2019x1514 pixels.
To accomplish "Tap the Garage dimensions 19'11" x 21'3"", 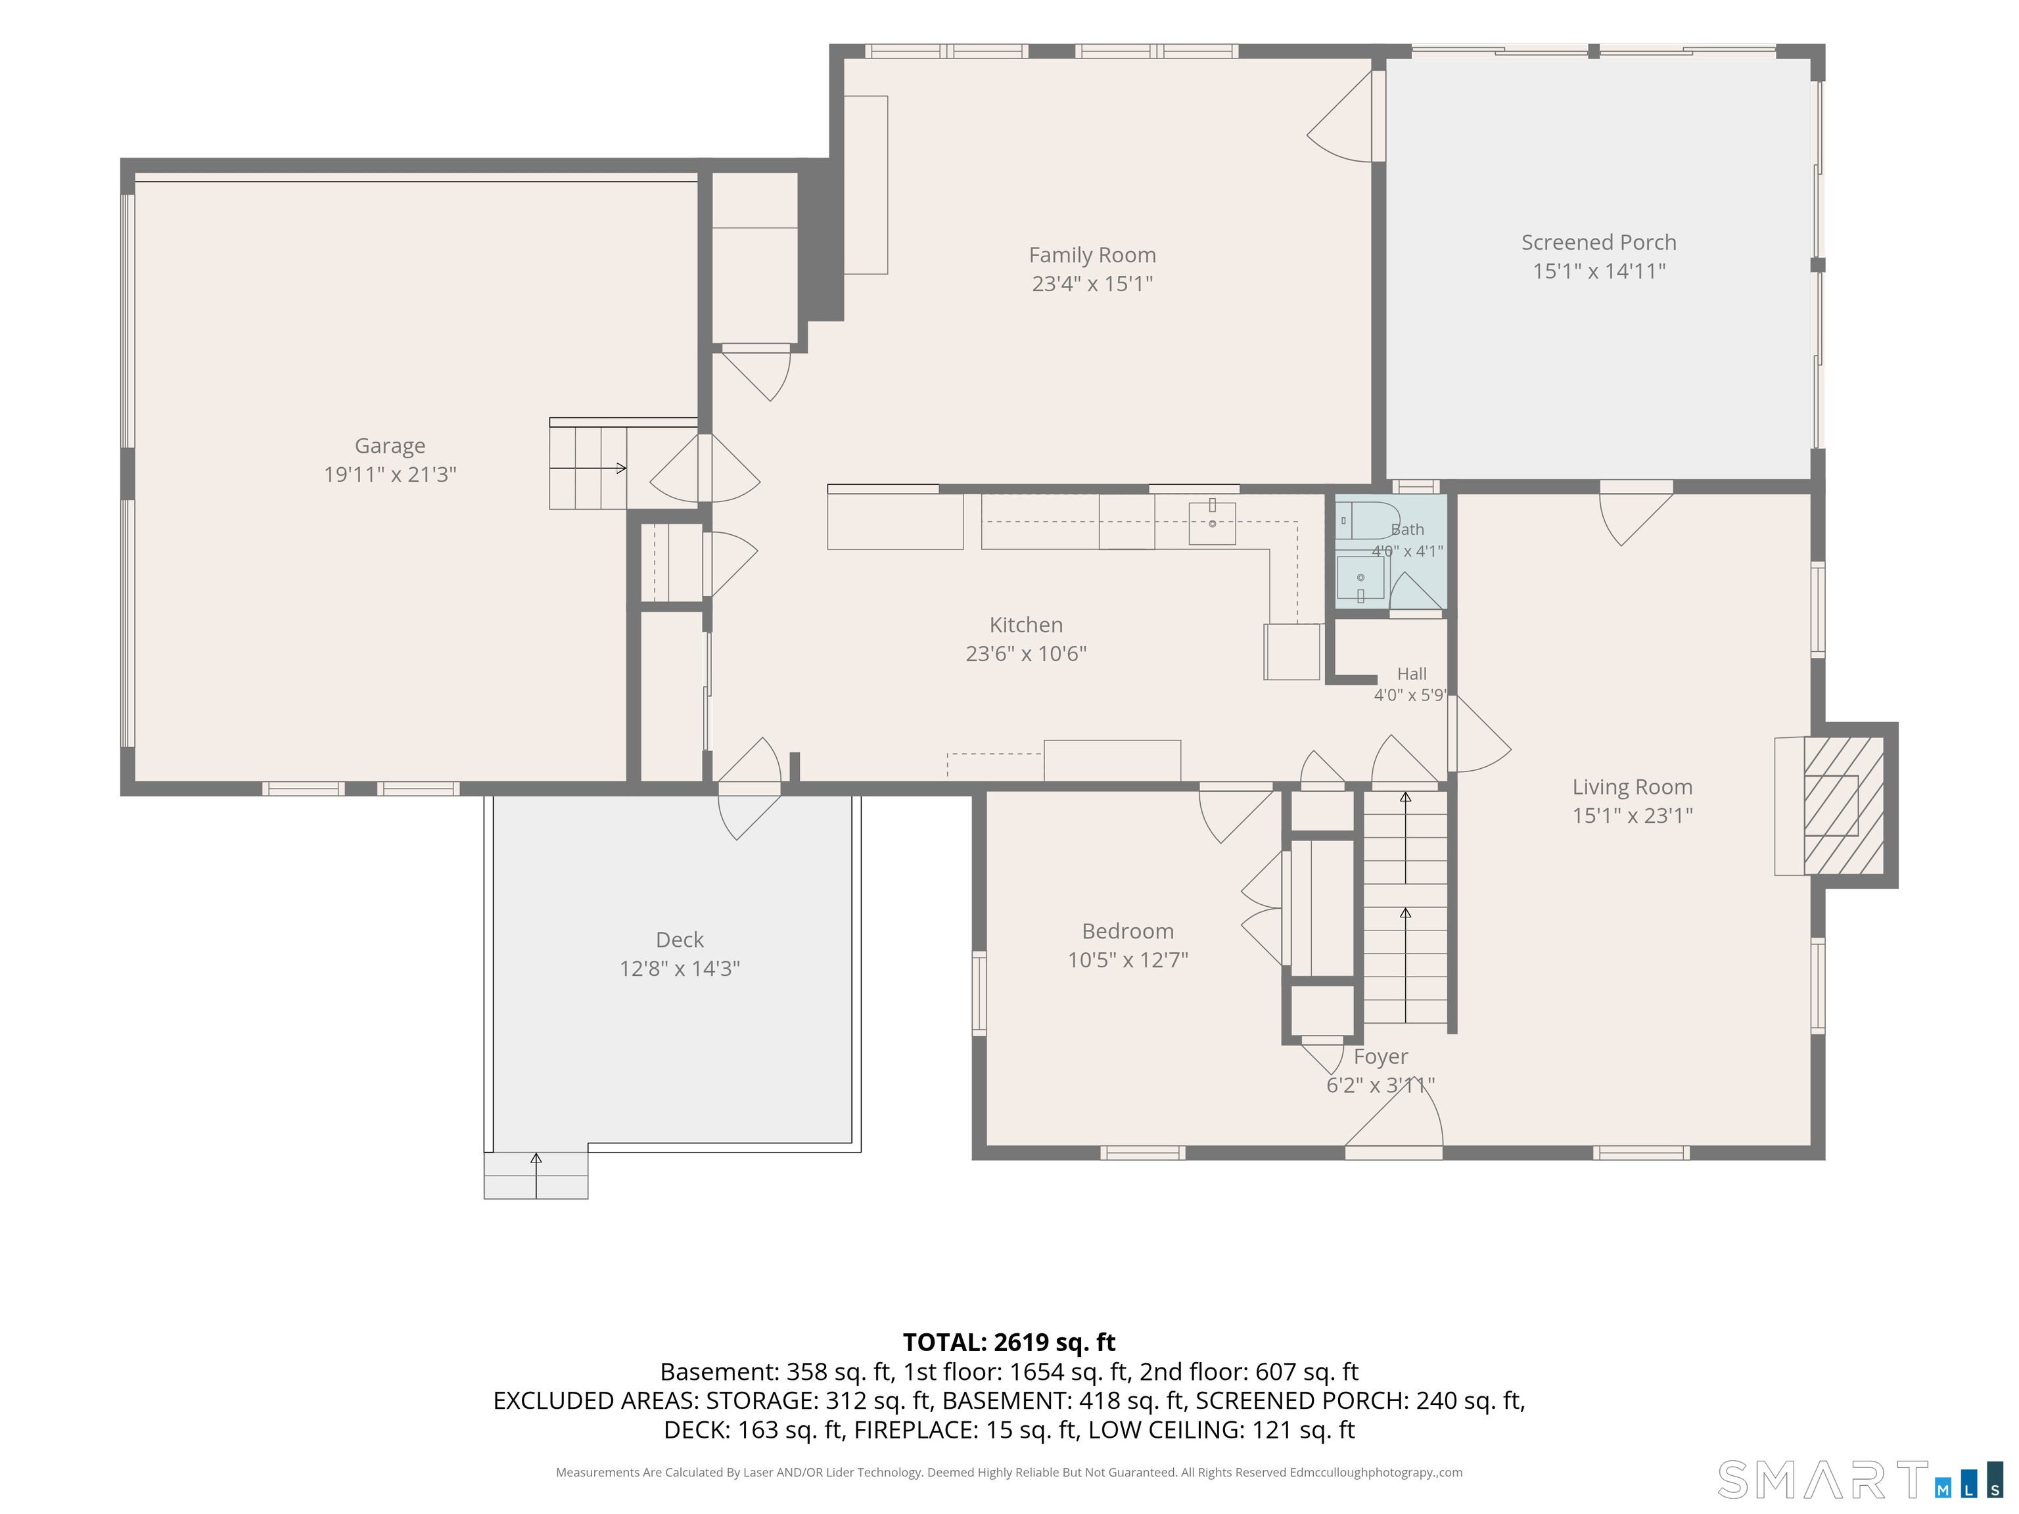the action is coord(390,474).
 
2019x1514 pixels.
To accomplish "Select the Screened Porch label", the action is coord(1598,242).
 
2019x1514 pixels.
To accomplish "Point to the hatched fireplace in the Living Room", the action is coord(1844,805).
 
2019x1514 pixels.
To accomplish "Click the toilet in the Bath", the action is coord(1366,520).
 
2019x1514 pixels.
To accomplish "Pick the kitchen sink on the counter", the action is coord(1212,523).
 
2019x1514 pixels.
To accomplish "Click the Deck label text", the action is coord(680,939).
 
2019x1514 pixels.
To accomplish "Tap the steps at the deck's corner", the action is coord(536,1176).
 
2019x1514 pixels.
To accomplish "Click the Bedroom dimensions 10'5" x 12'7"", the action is coord(1128,960).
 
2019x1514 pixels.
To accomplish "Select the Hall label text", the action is coord(1411,674).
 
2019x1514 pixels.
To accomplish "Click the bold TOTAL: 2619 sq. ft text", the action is coord(1009,1342).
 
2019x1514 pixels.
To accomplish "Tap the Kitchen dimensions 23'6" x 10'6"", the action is coord(1026,653).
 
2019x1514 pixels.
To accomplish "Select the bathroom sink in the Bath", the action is coord(1360,578).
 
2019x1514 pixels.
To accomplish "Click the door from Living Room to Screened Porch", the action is coord(1636,519).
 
